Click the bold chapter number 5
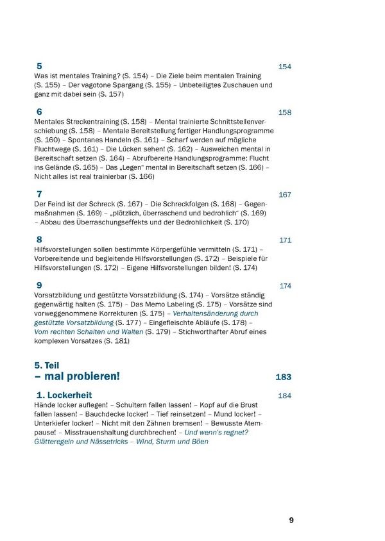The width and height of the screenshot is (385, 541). click(x=40, y=66)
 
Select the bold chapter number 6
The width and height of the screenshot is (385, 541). click(x=40, y=112)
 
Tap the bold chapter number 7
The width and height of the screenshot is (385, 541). click(x=40, y=194)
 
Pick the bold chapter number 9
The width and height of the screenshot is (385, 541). click(x=40, y=285)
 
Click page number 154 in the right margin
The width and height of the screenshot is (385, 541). click(x=285, y=67)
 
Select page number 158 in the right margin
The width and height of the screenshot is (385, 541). click(x=285, y=112)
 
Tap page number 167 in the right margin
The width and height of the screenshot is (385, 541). click(x=285, y=195)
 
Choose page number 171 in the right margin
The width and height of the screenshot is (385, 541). click(x=285, y=240)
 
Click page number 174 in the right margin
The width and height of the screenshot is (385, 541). click(x=285, y=286)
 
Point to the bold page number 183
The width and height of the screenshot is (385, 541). click(x=284, y=377)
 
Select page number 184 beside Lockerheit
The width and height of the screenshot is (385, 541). click(x=285, y=396)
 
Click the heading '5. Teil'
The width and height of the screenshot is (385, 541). click(x=47, y=365)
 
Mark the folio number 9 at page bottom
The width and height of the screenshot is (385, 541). click(x=291, y=520)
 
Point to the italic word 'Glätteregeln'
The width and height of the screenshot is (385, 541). click(x=55, y=442)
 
